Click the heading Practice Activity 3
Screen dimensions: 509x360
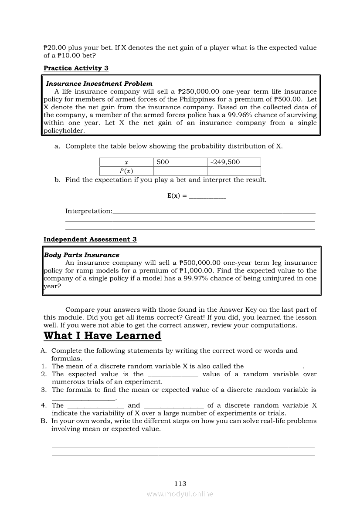[76, 68]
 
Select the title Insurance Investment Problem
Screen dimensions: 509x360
[99, 84]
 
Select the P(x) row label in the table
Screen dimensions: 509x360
[126, 171]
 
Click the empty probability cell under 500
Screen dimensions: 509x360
[180, 171]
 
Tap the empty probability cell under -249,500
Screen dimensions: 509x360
[234, 171]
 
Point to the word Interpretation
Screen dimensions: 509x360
[88, 211]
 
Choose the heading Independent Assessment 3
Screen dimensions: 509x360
[90, 239]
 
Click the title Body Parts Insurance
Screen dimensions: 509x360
[82, 255]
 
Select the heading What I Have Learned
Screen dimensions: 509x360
[102, 336]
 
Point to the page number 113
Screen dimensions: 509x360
[180, 483]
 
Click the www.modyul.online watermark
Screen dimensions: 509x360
[180, 494]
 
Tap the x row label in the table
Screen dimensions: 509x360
[126, 162]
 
